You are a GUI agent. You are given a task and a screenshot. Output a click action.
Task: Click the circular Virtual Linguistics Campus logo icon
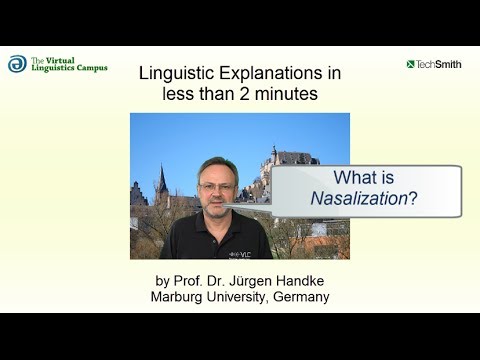tap(17, 64)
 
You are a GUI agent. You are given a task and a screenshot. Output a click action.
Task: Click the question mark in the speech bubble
tap(413, 198)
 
